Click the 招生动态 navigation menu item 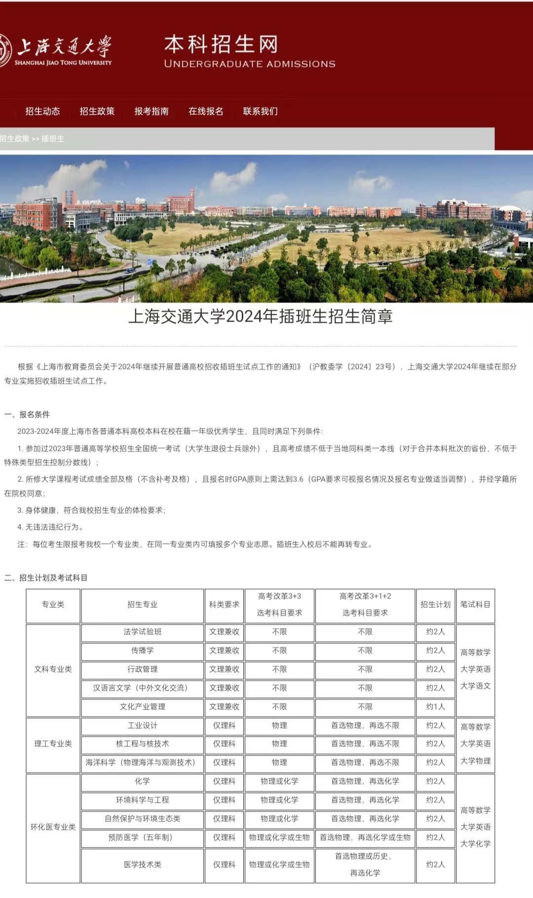tap(43, 112)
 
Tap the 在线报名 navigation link tap(206, 112)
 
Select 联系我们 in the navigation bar tap(260, 112)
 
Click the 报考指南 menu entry tap(152, 112)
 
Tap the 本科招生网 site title tap(221, 45)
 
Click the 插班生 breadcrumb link tap(53, 139)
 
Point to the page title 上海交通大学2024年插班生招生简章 tap(261, 316)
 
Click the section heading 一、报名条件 tap(27, 414)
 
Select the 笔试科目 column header tap(475, 604)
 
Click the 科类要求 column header tap(224, 604)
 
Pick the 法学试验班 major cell tap(143, 632)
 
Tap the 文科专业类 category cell tap(53, 669)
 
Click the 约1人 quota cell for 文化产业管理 tap(435, 707)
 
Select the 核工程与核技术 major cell tap(143, 744)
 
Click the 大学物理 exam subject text tap(475, 761)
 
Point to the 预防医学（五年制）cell tap(143, 837)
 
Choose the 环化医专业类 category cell tap(53, 827)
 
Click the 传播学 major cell tap(143, 650)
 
